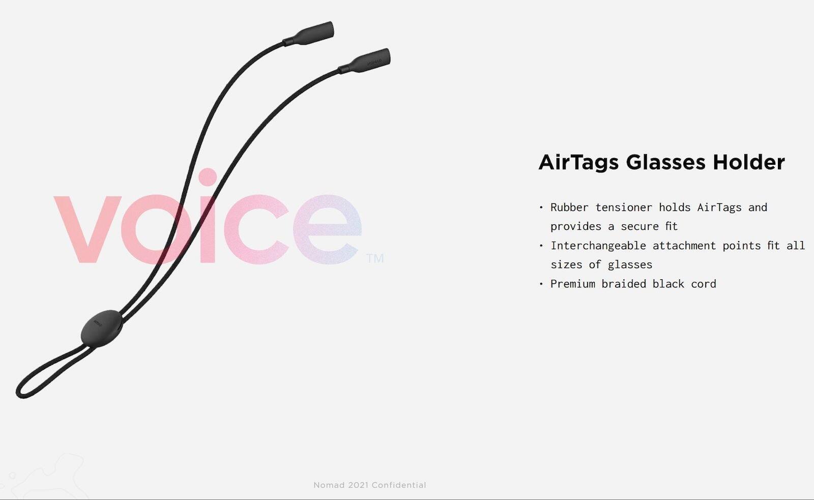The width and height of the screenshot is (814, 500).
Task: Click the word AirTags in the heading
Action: click(578, 162)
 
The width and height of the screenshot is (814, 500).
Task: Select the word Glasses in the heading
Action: click(666, 162)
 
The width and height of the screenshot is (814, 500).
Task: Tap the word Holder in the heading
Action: click(749, 162)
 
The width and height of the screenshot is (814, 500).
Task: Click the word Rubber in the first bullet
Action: click(569, 208)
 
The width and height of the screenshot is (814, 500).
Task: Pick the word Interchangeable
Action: click(598, 246)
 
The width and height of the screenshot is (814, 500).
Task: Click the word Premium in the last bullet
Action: click(573, 284)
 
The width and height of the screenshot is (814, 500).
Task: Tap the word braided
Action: click(624, 284)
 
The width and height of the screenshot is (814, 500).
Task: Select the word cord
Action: click(704, 284)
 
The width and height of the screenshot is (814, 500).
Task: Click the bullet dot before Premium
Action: click(541, 284)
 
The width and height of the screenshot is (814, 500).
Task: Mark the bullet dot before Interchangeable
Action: click(541, 246)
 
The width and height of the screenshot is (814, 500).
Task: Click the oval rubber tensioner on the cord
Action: click(101, 328)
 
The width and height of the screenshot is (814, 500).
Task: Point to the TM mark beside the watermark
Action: click(375, 258)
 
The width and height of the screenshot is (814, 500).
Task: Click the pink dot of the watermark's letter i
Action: click(208, 177)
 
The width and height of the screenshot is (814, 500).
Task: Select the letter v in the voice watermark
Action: click(88, 229)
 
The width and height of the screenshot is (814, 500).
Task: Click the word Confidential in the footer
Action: click(399, 485)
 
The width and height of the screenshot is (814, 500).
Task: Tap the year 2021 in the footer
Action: click(358, 485)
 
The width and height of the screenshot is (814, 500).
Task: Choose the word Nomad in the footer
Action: click(329, 485)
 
